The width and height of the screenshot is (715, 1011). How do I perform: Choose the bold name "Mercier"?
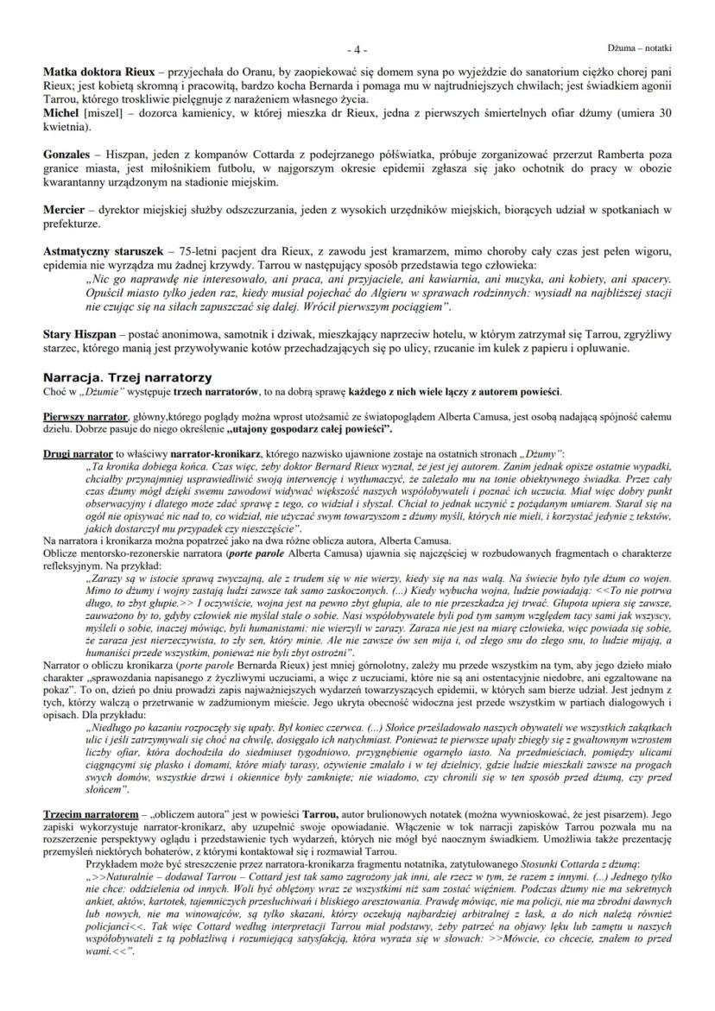point(63,210)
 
